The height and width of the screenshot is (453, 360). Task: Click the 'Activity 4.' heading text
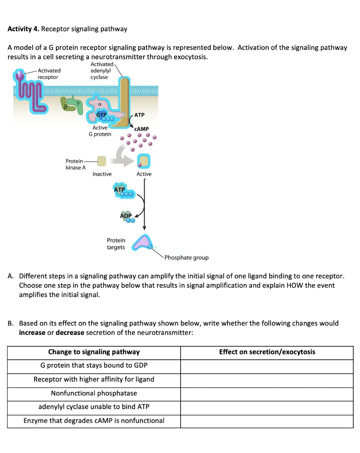(x=23, y=29)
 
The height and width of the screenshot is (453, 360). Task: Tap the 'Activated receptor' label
(x=49, y=73)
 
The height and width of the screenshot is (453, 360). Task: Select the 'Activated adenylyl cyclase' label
(x=101, y=70)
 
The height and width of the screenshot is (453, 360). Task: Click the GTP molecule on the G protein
(x=102, y=115)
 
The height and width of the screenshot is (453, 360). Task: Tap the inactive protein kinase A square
(x=102, y=161)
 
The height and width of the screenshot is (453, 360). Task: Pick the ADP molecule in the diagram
(x=126, y=216)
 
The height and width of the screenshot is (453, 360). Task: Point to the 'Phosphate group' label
(x=186, y=257)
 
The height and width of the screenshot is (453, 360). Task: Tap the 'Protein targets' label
(x=116, y=244)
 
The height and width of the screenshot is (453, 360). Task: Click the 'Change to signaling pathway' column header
(x=94, y=352)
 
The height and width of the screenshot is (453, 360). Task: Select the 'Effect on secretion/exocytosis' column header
(x=267, y=352)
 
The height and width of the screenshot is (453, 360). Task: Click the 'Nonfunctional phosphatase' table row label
(x=94, y=393)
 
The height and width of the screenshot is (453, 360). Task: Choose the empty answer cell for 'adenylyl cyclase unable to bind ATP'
(x=267, y=407)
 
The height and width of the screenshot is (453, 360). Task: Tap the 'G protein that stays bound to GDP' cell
(x=94, y=365)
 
